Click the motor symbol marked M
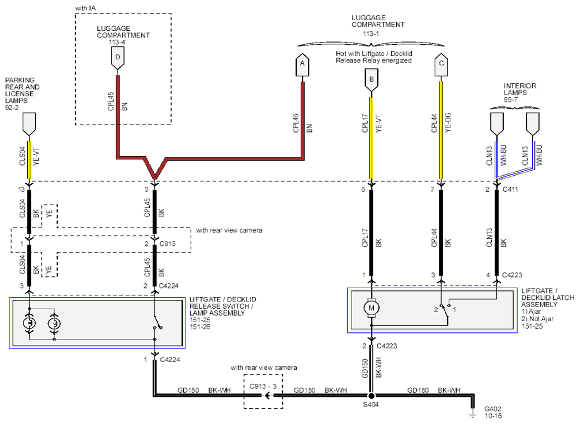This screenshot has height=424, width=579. [x=371, y=308]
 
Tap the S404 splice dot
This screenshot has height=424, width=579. [x=371, y=396]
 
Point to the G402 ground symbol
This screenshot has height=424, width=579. [x=472, y=413]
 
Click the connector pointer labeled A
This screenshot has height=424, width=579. [x=302, y=65]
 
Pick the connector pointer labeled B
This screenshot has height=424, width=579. [x=371, y=81]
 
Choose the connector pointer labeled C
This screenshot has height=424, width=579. [x=441, y=65]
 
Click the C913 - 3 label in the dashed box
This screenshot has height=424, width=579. [x=263, y=386]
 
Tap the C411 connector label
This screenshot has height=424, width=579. [x=510, y=189]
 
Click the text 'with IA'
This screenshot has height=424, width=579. [x=86, y=8]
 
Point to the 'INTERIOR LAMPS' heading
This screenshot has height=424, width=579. [x=520, y=89]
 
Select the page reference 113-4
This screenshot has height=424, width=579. [x=117, y=42]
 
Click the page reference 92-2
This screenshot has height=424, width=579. [x=12, y=107]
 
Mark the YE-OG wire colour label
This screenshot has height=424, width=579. [x=448, y=123]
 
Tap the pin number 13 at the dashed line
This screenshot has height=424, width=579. [x=21, y=189]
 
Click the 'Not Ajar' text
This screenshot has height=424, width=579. [x=542, y=319]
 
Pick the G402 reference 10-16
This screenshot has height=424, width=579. [x=493, y=416]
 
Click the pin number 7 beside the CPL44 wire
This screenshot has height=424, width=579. [x=433, y=189]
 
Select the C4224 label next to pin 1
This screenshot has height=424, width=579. [x=170, y=359]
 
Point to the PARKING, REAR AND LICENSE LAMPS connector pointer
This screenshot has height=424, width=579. [x=29, y=124]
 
